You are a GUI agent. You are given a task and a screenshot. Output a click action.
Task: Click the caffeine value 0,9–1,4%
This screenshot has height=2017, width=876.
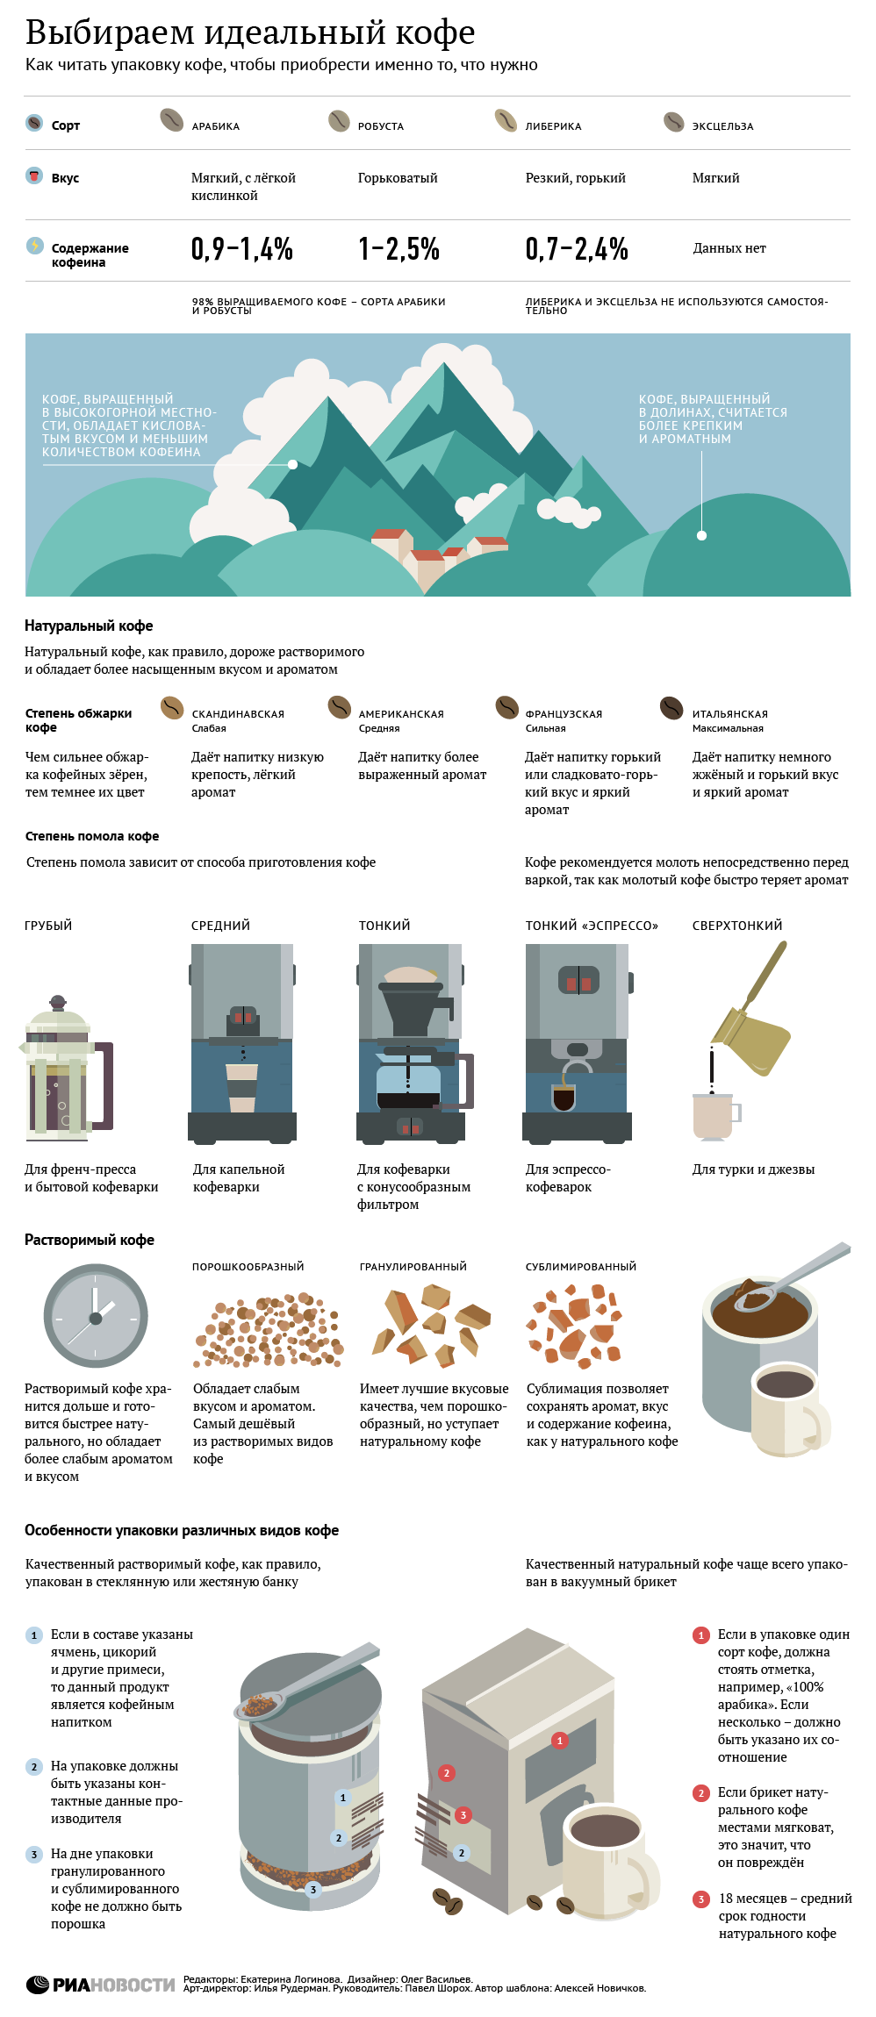[x=242, y=249]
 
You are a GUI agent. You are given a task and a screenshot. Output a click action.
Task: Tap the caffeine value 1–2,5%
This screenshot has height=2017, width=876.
[x=399, y=249]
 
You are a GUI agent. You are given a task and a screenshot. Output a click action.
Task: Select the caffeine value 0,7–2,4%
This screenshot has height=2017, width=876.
[x=577, y=249]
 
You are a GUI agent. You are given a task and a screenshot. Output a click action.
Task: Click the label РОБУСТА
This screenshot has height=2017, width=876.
[x=381, y=126]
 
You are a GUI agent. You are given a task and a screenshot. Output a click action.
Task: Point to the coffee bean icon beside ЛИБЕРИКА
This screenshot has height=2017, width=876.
[x=506, y=119]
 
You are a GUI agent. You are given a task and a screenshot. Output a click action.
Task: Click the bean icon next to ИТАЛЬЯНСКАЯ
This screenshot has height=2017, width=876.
[x=671, y=707]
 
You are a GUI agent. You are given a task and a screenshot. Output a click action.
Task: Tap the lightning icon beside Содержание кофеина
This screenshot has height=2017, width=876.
[x=34, y=246]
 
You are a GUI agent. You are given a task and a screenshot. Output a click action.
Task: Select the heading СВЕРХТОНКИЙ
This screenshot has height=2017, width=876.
[x=737, y=926]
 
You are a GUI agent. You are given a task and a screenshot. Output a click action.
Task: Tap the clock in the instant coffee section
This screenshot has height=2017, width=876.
[x=96, y=1316]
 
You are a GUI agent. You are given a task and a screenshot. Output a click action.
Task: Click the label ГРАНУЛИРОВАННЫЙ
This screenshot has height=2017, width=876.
[x=413, y=1267]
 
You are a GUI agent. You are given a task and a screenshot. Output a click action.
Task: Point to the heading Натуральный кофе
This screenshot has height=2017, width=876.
[x=89, y=626]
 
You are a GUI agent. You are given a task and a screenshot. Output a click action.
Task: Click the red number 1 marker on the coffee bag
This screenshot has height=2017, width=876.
[x=560, y=1740]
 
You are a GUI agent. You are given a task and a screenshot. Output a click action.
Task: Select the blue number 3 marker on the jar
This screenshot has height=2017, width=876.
[x=313, y=1889]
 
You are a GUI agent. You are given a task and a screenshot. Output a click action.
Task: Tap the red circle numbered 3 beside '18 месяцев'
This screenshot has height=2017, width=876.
[x=700, y=1899]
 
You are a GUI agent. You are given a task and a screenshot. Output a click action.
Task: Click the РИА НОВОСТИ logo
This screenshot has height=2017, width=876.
[x=100, y=1984]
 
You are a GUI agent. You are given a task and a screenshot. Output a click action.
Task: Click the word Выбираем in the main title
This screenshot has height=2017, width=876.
[x=110, y=33]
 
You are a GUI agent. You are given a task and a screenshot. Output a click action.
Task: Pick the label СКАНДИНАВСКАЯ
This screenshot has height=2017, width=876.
[x=238, y=714]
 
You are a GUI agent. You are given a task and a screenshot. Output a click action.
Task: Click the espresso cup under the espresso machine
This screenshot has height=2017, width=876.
[x=564, y=1097]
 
